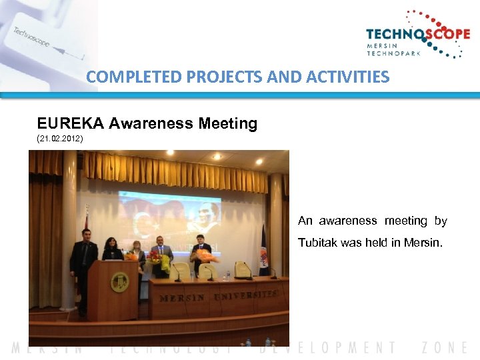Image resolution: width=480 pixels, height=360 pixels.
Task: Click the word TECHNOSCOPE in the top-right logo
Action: pyautogui.click(x=417, y=35)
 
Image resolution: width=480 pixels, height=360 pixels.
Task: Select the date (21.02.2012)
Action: pyautogui.click(x=61, y=139)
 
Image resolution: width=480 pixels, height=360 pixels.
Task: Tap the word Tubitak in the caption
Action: pyautogui.click(x=317, y=243)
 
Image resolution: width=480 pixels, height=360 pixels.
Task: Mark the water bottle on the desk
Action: pyautogui.click(x=227, y=274)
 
